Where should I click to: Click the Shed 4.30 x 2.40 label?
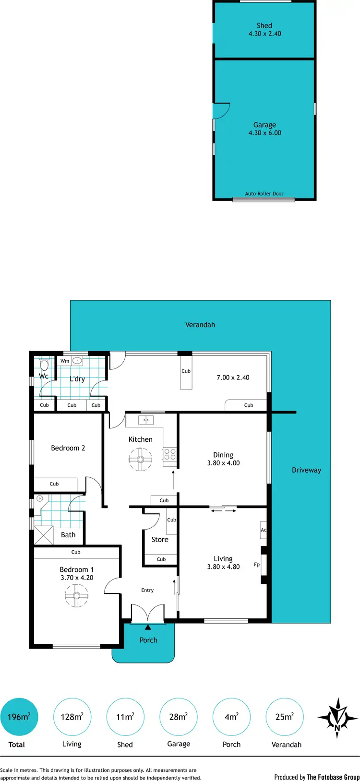[x=264, y=30]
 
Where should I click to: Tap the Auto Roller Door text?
[x=264, y=194]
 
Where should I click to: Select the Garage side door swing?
[x=222, y=111]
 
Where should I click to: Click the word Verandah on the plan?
[x=200, y=325]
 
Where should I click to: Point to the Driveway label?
[x=306, y=470]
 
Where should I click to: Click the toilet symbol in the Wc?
[x=45, y=364]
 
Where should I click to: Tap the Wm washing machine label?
[x=65, y=361]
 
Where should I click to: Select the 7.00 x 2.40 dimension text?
[x=233, y=378]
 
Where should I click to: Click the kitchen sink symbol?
[x=146, y=420]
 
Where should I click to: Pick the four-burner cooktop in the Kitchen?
[x=170, y=454]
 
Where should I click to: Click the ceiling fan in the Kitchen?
[x=140, y=460]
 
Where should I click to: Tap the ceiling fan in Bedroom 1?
[x=76, y=596]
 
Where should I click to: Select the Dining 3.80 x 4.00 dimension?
[x=223, y=463]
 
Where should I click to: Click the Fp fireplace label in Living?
[x=257, y=565]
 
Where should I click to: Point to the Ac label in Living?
[x=263, y=530]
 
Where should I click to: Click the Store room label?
[x=160, y=540]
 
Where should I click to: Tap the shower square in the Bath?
[x=44, y=535]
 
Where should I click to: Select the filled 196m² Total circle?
[x=19, y=717]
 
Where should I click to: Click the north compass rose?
[x=338, y=718]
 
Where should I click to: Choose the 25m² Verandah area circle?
[x=284, y=717]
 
